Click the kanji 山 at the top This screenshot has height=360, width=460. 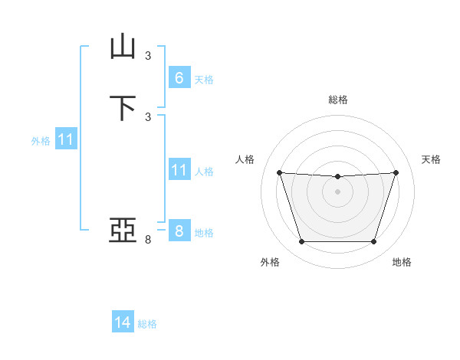coord(123,47)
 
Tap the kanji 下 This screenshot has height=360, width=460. coord(123,107)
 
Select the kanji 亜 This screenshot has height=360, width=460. coord(123,229)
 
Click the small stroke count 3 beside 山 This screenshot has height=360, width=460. coord(148,55)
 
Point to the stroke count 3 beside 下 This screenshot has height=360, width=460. coord(148,116)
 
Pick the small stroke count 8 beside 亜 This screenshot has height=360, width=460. coord(148,240)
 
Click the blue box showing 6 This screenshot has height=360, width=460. coord(179,77)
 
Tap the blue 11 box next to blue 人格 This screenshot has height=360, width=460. coord(179,169)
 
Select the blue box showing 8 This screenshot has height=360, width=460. coord(179,231)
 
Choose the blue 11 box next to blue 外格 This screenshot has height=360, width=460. coord(66,140)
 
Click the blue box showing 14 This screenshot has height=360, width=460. coord(123,322)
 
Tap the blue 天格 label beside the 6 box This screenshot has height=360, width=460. coord(204,80)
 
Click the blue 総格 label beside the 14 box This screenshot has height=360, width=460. coord(147,325)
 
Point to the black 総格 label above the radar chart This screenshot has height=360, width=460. coord(338,100)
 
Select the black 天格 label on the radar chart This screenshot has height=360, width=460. coord(431,159)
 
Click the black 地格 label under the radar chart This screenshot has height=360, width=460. coord(402,262)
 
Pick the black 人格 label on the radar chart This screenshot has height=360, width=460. coord(245,159)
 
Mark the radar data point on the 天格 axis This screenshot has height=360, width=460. coord(396,172)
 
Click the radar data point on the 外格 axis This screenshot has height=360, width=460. coord(301,242)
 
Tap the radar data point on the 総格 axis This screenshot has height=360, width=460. coord(337,177)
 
